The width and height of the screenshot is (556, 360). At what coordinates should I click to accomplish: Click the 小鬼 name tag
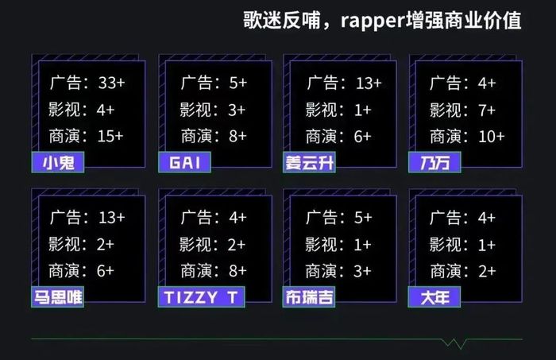(x=58, y=162)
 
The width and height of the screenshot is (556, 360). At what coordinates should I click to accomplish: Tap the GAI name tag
(x=184, y=162)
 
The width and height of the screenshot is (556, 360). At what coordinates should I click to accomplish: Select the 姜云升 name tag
(x=309, y=162)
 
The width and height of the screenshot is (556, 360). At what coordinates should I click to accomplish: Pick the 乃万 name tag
(x=434, y=162)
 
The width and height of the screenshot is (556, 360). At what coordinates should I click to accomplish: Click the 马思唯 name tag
(x=58, y=297)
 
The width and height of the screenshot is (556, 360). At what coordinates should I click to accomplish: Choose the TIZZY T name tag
(x=202, y=297)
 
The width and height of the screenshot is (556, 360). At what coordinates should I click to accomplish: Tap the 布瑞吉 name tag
(x=309, y=297)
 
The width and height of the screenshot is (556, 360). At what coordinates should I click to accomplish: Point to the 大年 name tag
(x=434, y=297)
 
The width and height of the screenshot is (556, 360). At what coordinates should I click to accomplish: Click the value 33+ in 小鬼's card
(x=112, y=83)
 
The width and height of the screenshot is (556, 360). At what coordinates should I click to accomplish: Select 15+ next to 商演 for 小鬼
(x=110, y=136)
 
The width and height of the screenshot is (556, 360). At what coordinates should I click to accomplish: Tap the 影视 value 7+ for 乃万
(x=486, y=110)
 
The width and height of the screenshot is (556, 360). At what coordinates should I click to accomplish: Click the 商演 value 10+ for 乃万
(x=492, y=137)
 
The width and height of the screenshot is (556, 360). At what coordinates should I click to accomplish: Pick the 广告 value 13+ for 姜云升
(x=369, y=83)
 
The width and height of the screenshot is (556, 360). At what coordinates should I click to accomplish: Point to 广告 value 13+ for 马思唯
(x=112, y=218)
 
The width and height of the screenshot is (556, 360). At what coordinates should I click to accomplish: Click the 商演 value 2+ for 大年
(x=487, y=271)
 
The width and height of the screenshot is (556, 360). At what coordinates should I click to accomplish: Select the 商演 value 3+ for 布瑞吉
(x=362, y=271)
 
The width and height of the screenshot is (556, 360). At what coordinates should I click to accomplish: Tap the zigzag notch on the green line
(x=454, y=343)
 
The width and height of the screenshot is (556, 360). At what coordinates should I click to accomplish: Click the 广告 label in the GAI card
(x=196, y=83)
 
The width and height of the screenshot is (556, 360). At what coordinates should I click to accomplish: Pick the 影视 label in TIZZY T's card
(x=195, y=245)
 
